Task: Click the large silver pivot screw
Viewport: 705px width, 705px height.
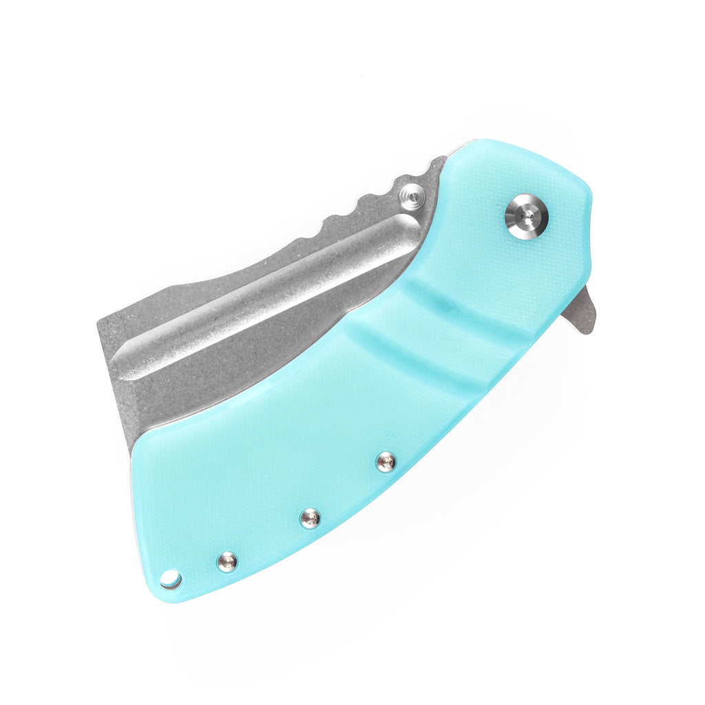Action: tap(526, 216)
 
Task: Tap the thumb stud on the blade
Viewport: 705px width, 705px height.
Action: tap(414, 198)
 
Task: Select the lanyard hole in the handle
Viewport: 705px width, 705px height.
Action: tap(170, 580)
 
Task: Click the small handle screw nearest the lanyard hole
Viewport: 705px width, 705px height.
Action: tap(227, 562)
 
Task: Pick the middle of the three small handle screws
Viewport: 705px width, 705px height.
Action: tap(310, 518)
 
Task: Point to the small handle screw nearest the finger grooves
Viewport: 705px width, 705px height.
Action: tap(386, 461)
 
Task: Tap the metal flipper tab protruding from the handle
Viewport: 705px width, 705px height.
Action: tap(580, 311)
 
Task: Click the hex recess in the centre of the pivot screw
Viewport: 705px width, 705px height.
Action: tap(526, 216)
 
